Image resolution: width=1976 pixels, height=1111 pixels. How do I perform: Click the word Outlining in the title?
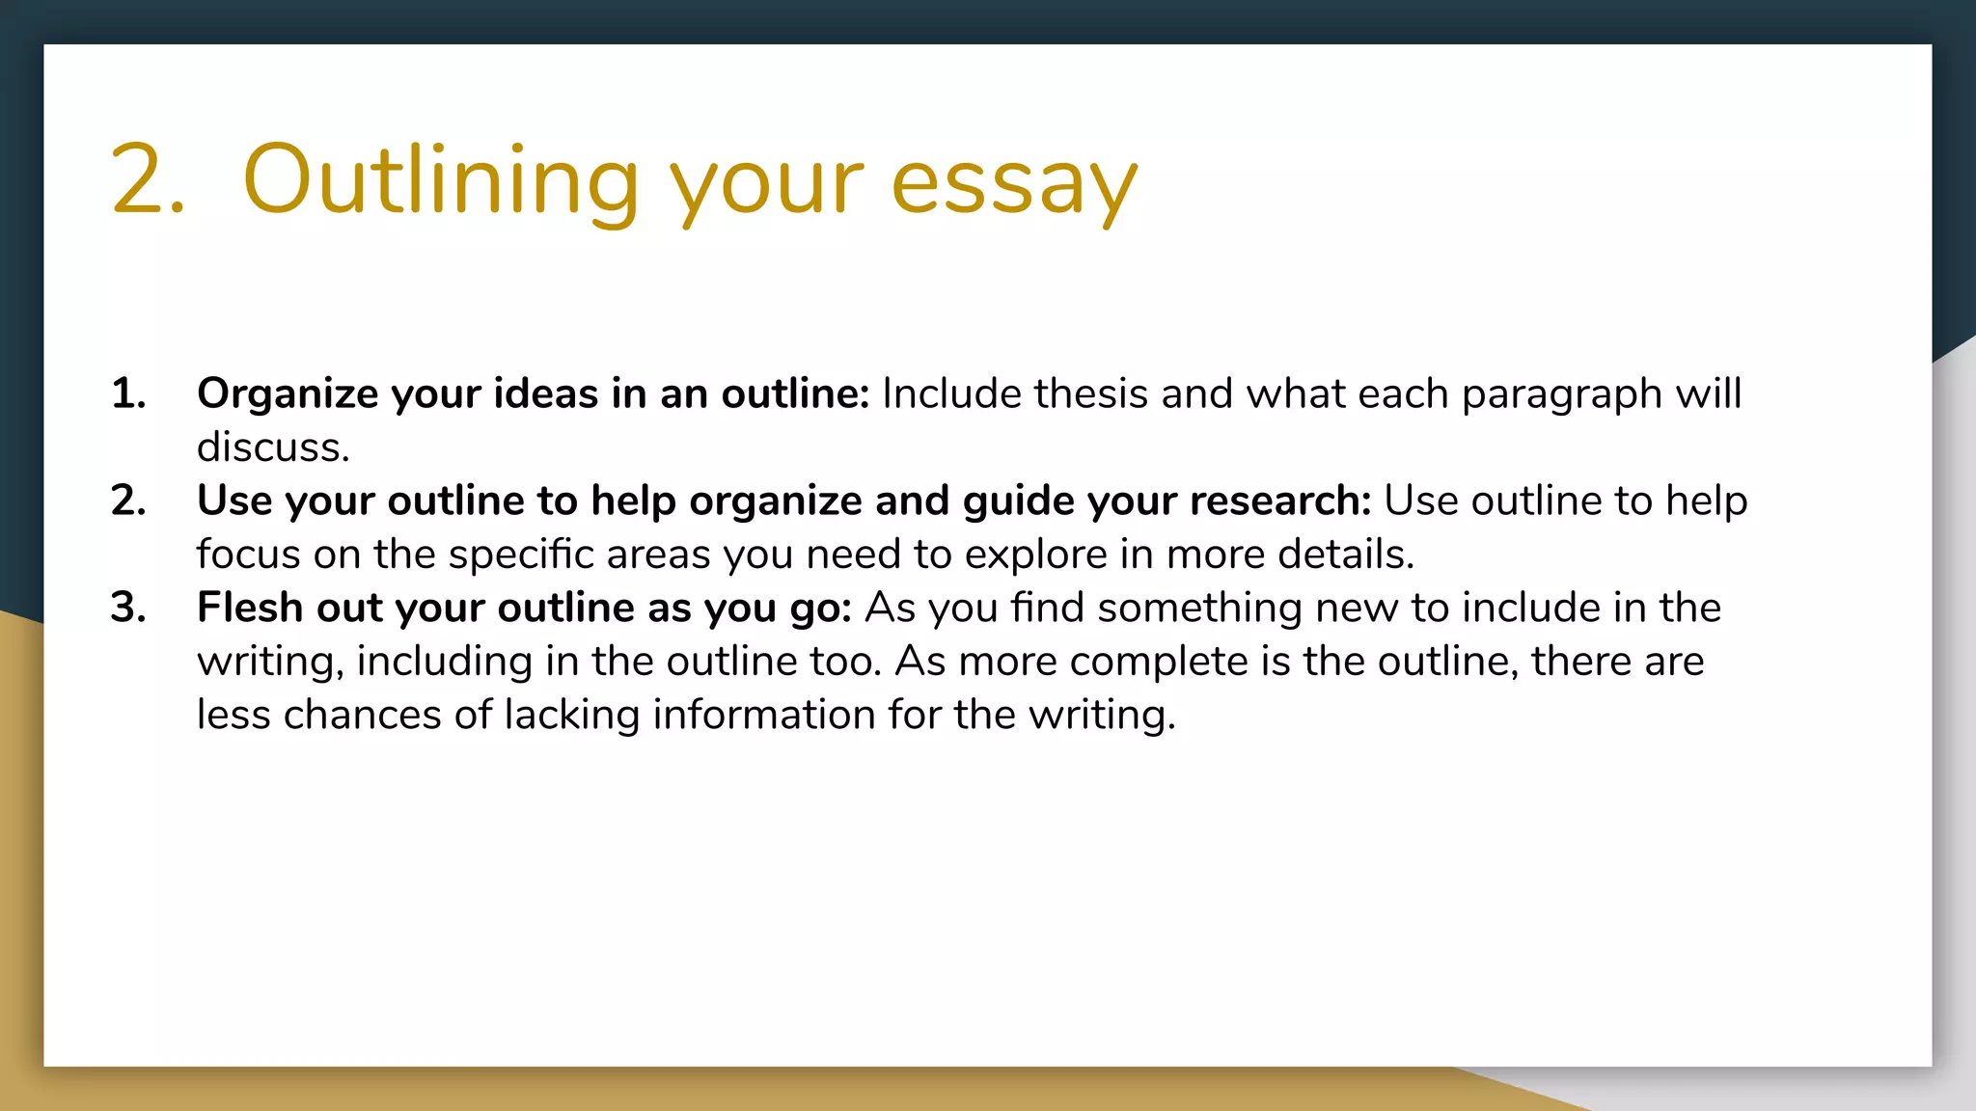pos(440,181)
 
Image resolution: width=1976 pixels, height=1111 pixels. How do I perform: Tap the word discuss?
pos(273,447)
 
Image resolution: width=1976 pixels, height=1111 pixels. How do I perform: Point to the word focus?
pos(248,555)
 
